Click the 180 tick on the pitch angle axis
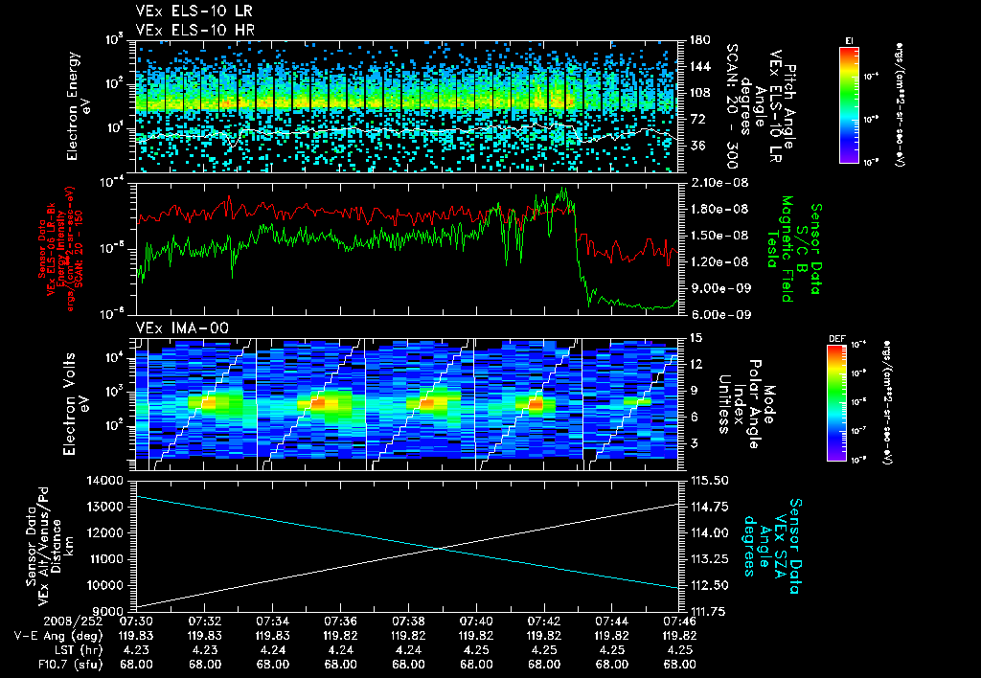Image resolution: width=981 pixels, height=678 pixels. [x=696, y=39]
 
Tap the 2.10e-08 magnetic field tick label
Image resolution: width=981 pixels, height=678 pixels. [x=714, y=182]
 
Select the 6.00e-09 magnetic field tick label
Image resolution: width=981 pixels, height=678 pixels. [x=714, y=314]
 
